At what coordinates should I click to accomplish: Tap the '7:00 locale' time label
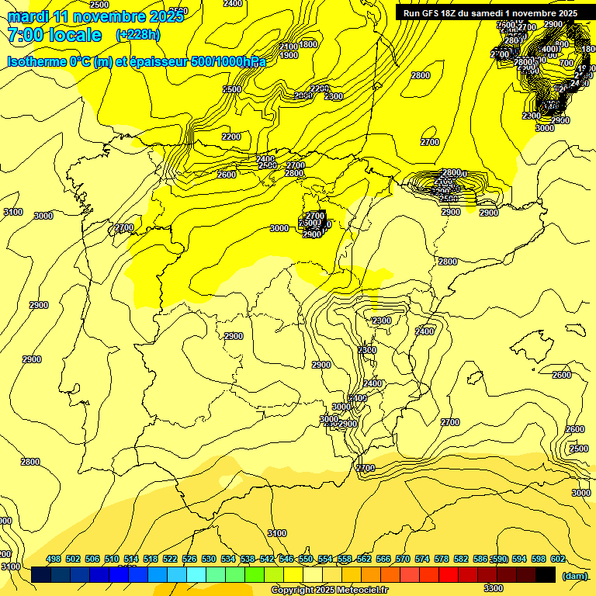54,35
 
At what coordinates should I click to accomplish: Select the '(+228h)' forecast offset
138,35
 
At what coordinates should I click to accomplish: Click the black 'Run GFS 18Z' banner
489,13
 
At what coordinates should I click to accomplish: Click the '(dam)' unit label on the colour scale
574,576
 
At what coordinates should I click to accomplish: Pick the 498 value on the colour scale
54,559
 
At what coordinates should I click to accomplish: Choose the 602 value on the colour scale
558,559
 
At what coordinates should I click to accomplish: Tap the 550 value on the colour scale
306,559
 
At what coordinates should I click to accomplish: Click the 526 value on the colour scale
189,559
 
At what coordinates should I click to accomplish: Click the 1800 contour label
308,45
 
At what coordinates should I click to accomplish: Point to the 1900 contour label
289,55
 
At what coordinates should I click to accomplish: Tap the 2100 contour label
289,47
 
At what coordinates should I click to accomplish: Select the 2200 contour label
231,137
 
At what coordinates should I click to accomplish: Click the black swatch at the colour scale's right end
546,574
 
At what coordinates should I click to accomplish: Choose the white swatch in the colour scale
313,574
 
